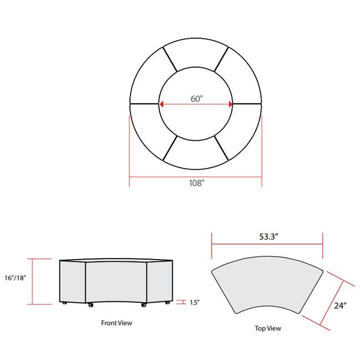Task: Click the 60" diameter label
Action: pyautogui.click(x=197, y=98)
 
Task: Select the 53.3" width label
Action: pyautogui.click(x=267, y=236)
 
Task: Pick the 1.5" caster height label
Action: pyautogui.click(x=194, y=302)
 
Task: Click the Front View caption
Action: pyautogui.click(x=117, y=322)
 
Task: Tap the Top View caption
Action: pyautogui.click(x=268, y=328)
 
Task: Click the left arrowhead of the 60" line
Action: pyautogui.click(x=162, y=104)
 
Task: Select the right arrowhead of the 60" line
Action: pyautogui.click(x=230, y=104)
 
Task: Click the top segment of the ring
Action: pyautogui.click(x=195, y=55)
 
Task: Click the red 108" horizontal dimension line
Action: pyautogui.click(x=167, y=178)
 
